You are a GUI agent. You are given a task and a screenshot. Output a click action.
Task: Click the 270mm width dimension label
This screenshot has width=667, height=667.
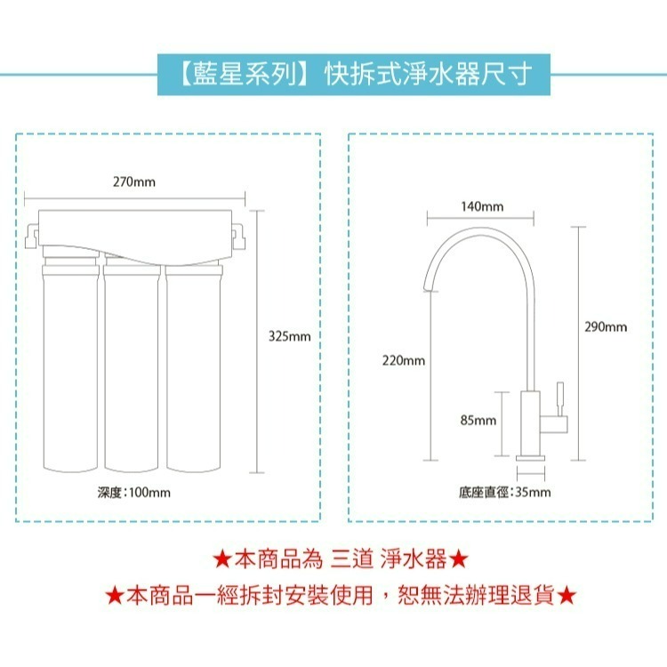[x=134, y=182]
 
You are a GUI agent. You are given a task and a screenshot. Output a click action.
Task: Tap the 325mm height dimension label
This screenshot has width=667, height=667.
[x=289, y=336]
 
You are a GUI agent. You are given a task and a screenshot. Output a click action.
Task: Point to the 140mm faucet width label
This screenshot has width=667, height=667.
[x=482, y=206]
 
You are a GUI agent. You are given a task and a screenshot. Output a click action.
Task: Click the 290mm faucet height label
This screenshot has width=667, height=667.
[x=605, y=327]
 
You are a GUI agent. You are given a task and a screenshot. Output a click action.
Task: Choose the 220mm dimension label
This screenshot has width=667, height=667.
[x=404, y=360]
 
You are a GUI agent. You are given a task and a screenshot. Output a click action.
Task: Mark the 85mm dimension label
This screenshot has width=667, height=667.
[x=478, y=420]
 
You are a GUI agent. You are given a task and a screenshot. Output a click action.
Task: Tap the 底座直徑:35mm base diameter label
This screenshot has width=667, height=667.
[x=504, y=492]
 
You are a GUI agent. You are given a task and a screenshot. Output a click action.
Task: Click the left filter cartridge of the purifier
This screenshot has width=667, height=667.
[x=70, y=365]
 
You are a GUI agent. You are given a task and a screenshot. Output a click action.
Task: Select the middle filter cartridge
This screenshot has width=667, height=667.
[x=131, y=365]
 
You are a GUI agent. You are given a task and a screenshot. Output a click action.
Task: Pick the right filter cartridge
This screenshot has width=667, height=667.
[x=191, y=365]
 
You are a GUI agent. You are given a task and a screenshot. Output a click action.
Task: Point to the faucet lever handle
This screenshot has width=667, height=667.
[x=561, y=397]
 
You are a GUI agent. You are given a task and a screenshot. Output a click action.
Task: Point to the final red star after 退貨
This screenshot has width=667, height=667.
[x=569, y=595]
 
